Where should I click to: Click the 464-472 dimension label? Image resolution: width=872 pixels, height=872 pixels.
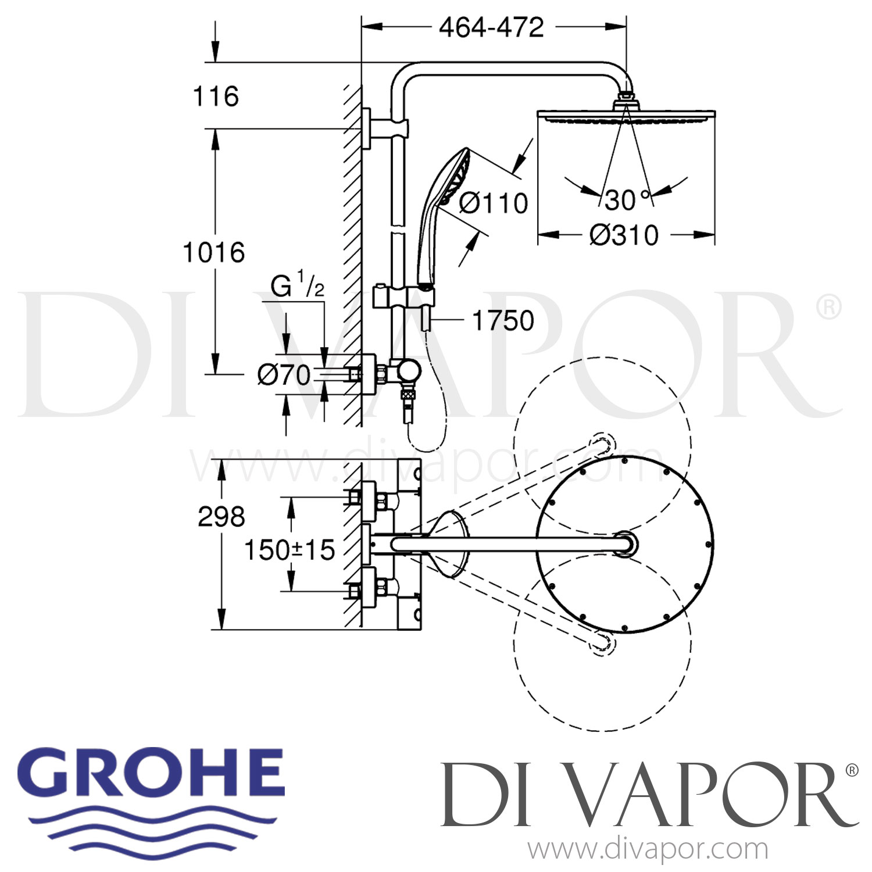pos(491,27)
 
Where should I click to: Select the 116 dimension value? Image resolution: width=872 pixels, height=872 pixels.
pos(216,97)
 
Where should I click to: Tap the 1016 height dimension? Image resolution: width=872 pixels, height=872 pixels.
pos(214,253)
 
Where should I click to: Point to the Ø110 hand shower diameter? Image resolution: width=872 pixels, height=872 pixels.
pos(494,203)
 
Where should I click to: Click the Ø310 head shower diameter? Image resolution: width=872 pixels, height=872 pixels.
pos(624,235)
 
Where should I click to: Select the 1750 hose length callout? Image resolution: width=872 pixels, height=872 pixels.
pos(503,320)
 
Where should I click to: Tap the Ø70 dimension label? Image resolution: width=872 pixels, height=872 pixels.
pos(284,376)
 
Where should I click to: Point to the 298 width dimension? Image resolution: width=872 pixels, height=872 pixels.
pos(221,517)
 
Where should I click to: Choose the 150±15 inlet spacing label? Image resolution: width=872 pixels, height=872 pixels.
pos(290,550)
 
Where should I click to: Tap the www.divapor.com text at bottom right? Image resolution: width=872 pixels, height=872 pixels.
pos(648,849)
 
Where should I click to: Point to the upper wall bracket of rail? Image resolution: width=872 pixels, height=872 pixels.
pos(384,128)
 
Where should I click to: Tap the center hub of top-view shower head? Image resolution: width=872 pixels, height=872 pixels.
pos(625,545)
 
